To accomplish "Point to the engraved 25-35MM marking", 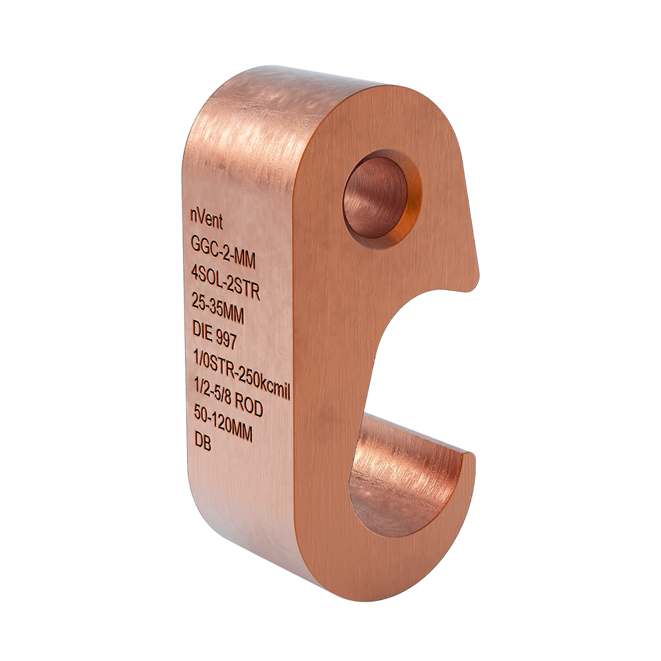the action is (217, 310).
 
